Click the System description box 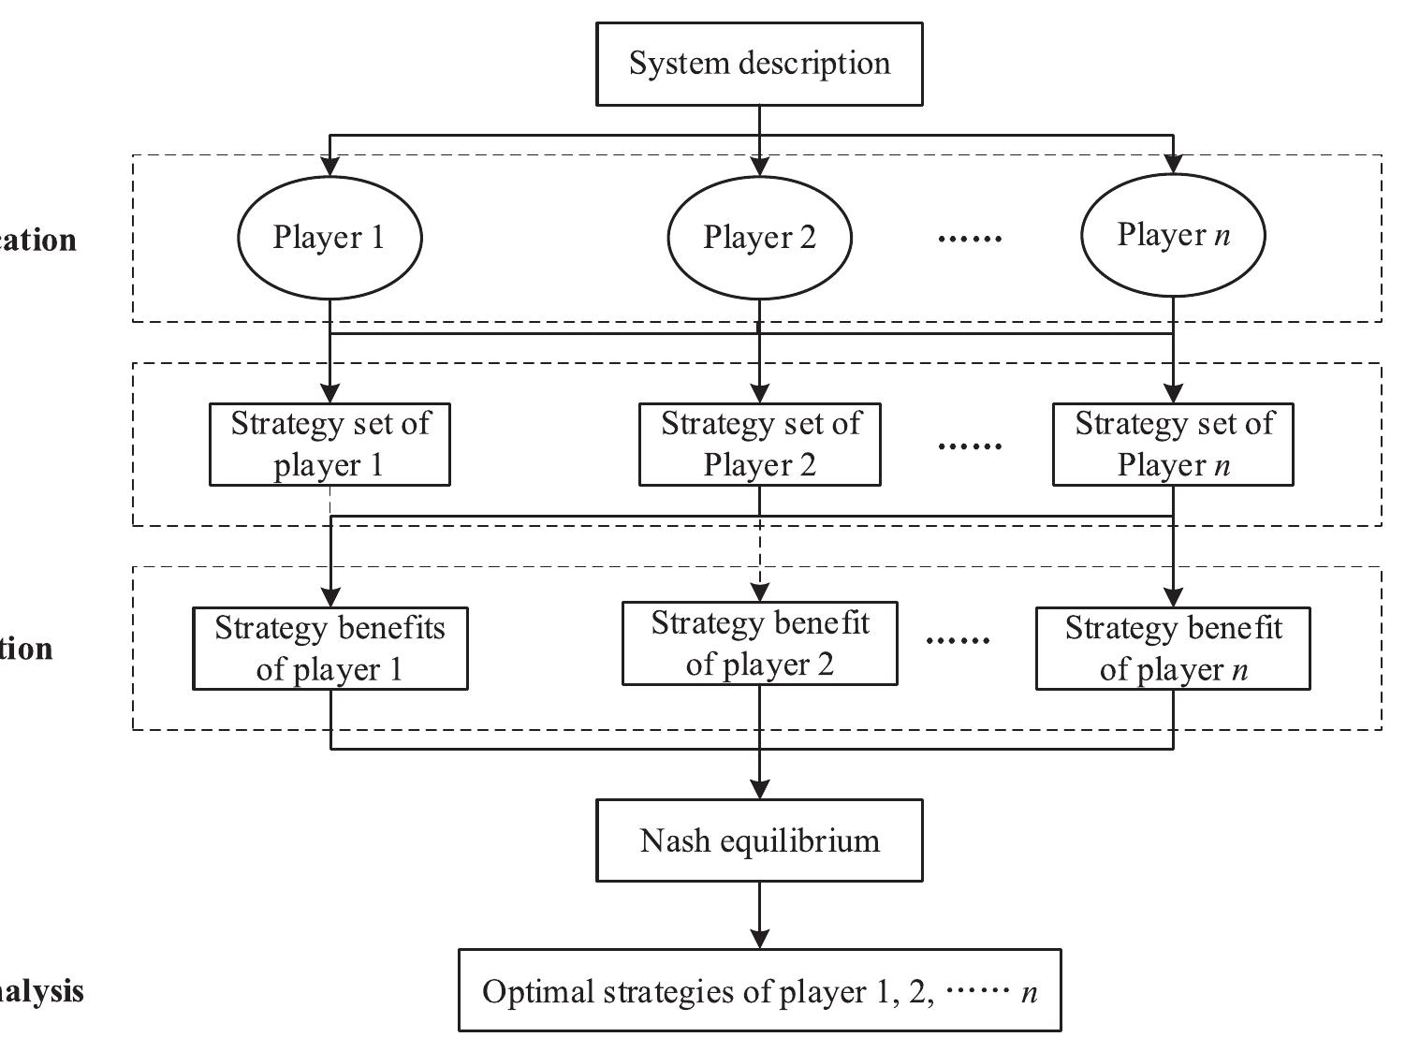tap(759, 64)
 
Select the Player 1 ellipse tap(329, 238)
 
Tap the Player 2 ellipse tap(759, 238)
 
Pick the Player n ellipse tap(1173, 236)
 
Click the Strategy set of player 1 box tap(329, 445)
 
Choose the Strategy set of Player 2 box tap(759, 445)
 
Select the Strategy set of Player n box tap(1173, 445)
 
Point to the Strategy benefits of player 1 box tap(329, 649)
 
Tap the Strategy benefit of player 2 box tap(759, 644)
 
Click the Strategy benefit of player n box tap(1173, 649)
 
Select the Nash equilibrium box tap(759, 840)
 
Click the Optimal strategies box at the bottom tap(759, 991)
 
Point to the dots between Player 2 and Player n tap(970, 240)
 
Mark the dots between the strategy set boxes tap(970, 446)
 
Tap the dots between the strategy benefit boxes tap(958, 642)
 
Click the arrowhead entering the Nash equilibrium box tap(759, 788)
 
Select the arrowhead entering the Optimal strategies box tap(759, 938)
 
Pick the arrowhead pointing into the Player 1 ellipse tap(329, 166)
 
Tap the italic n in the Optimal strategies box tap(1030, 993)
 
